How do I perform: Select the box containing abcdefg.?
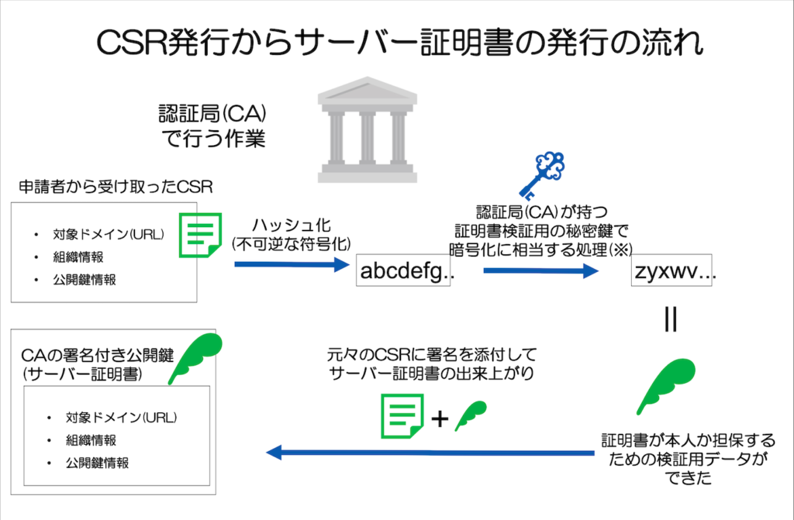coord(404,271)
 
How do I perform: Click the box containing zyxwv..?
coord(674,272)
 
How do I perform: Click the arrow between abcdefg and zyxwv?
coord(540,271)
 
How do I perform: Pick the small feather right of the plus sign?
coord(470,415)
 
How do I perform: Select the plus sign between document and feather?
coord(439,418)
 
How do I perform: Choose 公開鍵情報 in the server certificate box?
coord(97,463)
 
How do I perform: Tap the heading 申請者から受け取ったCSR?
coord(116,187)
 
